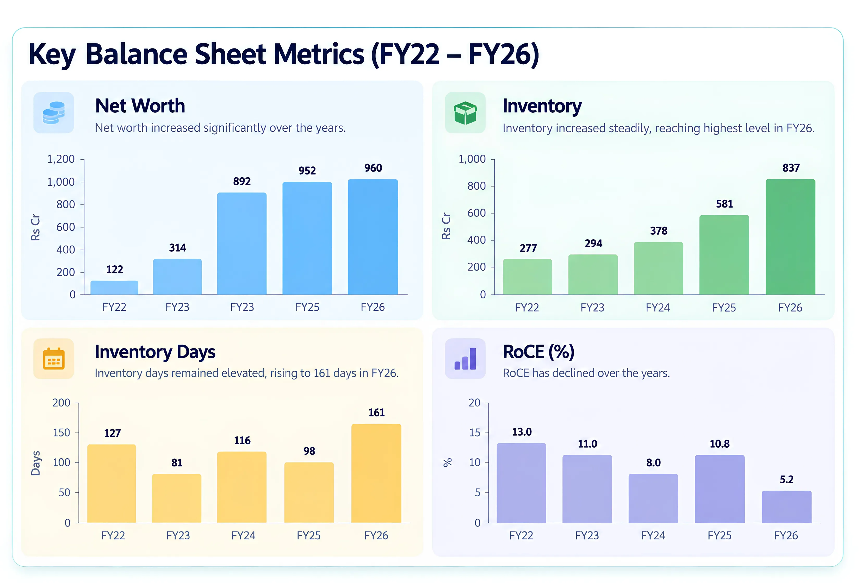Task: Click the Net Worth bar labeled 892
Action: [242, 243]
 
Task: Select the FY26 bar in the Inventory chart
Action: [790, 237]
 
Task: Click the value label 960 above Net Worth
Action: [373, 168]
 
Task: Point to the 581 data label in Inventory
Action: [724, 204]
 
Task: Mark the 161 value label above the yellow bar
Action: [376, 412]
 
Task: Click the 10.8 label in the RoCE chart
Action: [719, 444]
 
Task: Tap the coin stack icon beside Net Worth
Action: [54, 112]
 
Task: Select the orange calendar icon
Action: [54, 358]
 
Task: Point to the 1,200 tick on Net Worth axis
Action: [61, 159]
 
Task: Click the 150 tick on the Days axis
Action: [61, 433]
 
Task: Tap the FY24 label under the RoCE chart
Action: [653, 535]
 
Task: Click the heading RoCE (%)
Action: [538, 352]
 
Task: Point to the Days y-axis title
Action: [36, 463]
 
